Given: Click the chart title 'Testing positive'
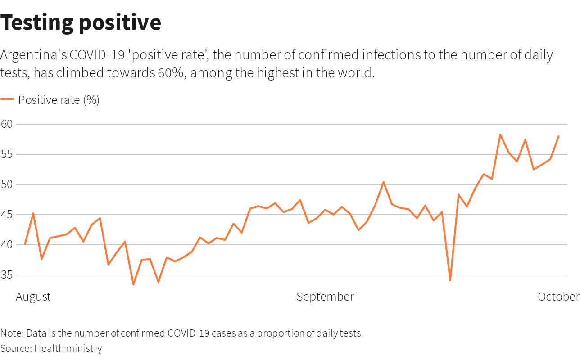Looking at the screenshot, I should [81, 22].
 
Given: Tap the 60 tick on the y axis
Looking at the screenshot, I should [7, 124].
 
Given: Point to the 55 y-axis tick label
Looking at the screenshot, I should [7, 154].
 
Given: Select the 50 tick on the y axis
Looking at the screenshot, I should [7, 184].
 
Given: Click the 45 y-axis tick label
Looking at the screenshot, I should [7, 214].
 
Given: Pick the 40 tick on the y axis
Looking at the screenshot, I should [7, 244].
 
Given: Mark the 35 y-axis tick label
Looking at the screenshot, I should [7, 274].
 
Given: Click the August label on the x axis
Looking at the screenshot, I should [33, 297].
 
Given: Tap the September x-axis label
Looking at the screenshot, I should [325, 297].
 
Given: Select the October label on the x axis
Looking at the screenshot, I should [558, 297].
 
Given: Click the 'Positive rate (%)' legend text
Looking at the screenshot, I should [59, 100].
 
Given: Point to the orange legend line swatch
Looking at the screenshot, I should [7, 99].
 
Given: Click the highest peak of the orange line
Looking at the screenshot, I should [500, 134].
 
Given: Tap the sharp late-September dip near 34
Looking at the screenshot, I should [450, 280].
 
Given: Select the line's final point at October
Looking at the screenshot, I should [558, 136].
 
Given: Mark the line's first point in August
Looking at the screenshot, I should [25, 244].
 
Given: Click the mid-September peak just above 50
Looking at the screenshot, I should [383, 182].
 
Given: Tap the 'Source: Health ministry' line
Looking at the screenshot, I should [51, 348].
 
